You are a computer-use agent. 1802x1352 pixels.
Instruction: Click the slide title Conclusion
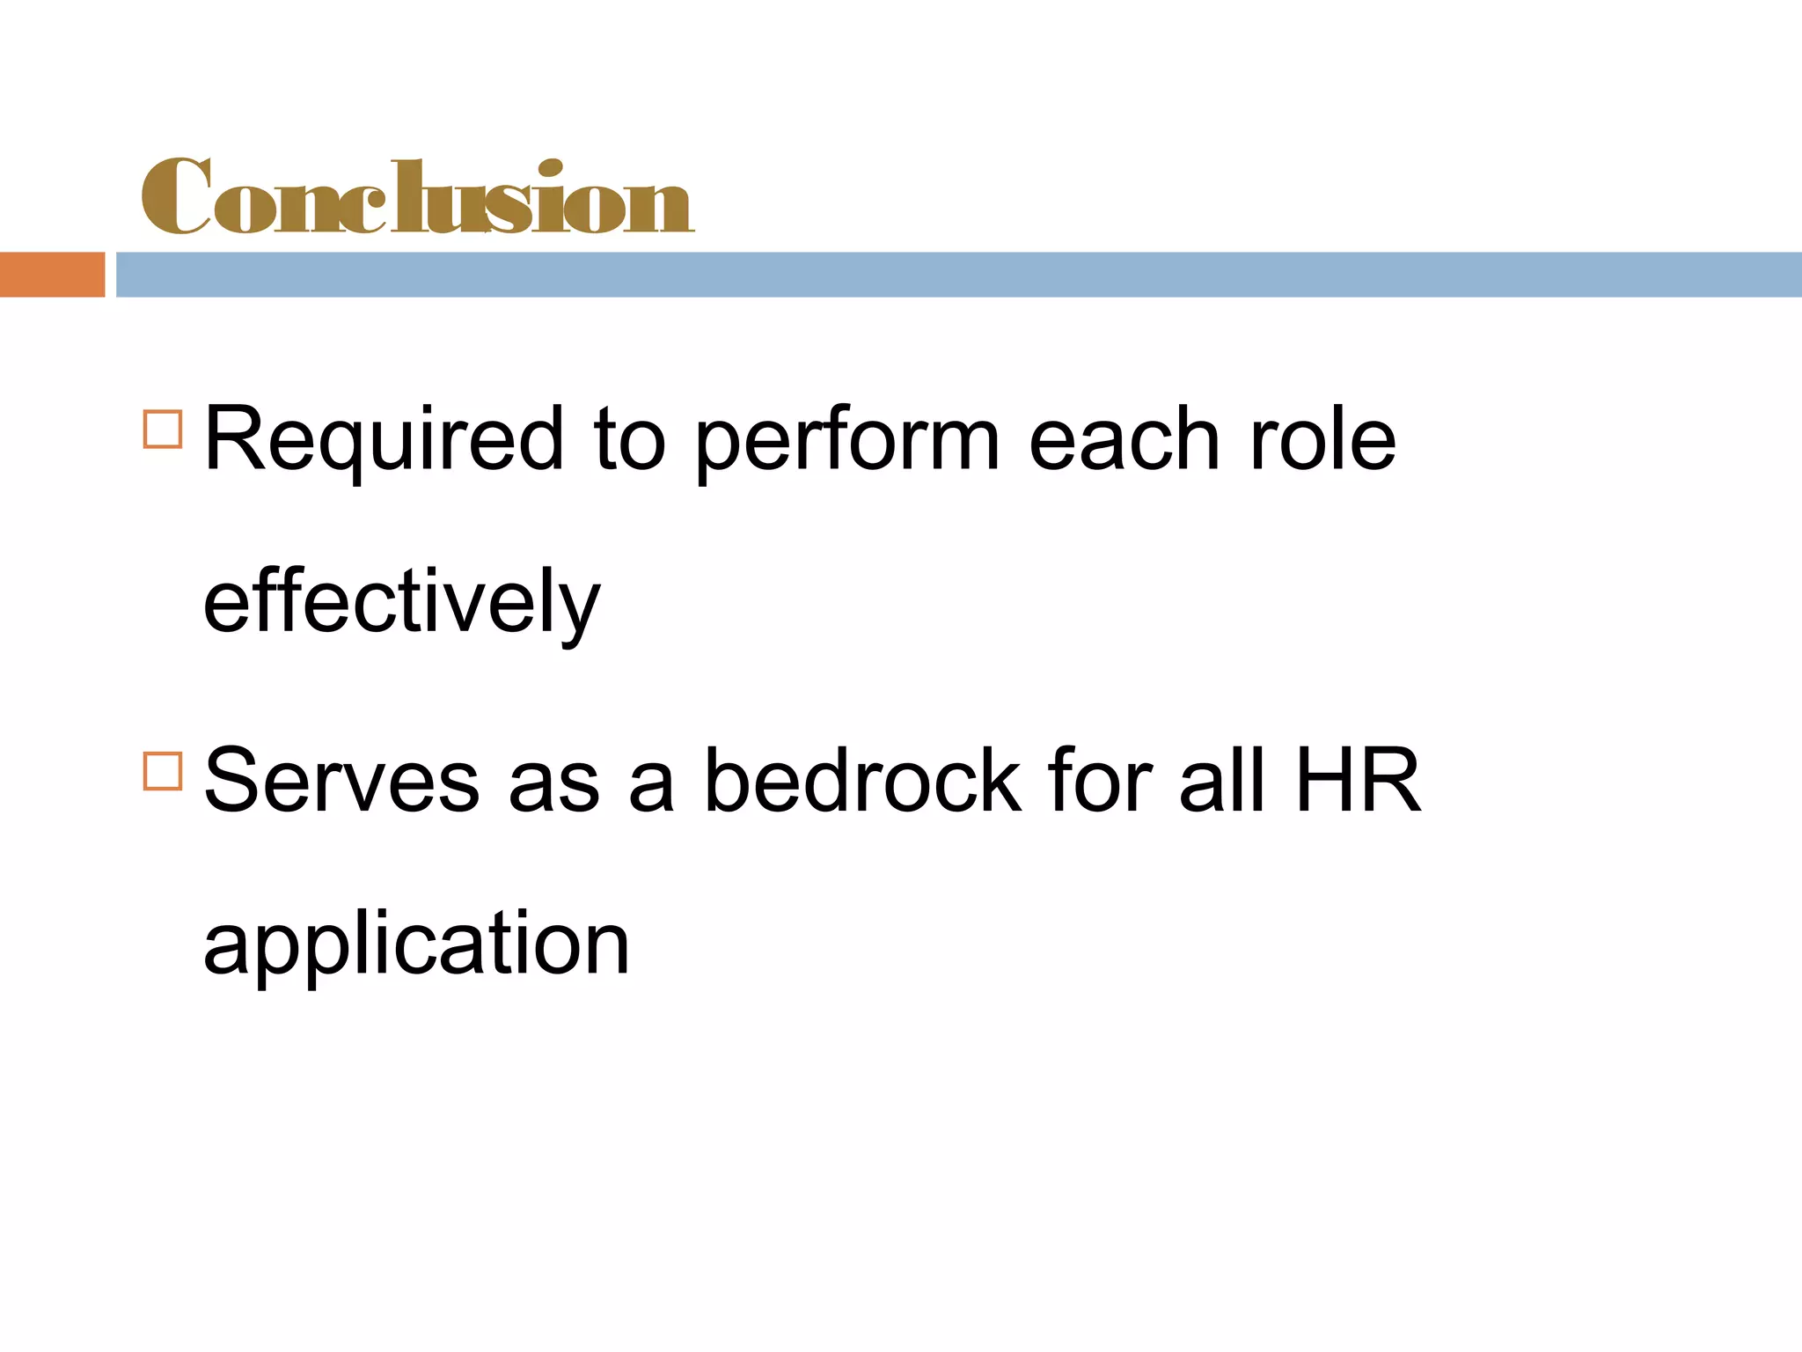[x=418, y=197]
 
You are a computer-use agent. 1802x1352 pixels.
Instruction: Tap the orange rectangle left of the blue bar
[x=52, y=275]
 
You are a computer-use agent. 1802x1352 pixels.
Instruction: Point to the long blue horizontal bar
[x=958, y=275]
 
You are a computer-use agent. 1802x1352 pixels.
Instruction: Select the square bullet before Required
[x=163, y=430]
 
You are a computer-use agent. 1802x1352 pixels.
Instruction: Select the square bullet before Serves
[x=163, y=771]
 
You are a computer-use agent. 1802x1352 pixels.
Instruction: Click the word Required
[x=383, y=440]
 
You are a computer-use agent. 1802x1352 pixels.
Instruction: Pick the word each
[x=1124, y=440]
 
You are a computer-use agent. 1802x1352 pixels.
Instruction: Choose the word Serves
[x=342, y=782]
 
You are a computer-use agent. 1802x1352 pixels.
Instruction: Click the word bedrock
[x=863, y=780]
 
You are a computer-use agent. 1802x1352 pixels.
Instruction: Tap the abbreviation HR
[x=1358, y=780]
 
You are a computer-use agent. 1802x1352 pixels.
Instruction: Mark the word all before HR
[x=1222, y=780]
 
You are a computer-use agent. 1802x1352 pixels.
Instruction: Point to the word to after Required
[x=629, y=440]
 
